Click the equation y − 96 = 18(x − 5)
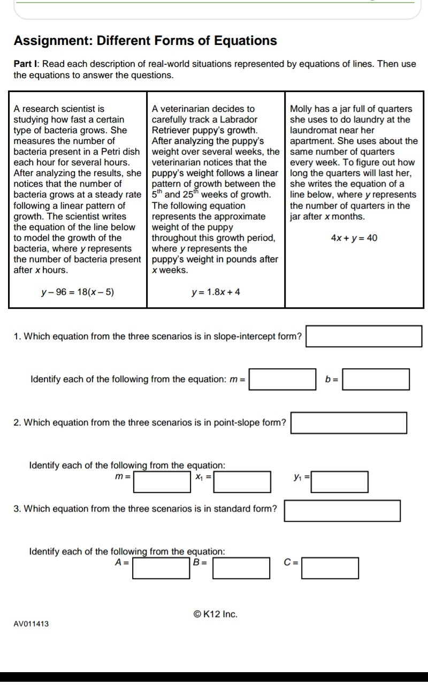(x=78, y=292)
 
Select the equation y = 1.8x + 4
(x=216, y=292)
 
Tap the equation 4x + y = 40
(x=354, y=238)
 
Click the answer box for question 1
(x=364, y=336)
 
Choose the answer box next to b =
(x=376, y=379)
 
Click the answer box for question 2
(x=349, y=423)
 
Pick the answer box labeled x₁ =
(x=242, y=481)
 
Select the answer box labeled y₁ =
(x=340, y=481)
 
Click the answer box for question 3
(x=342, y=511)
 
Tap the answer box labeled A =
(x=162, y=568)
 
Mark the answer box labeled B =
(x=242, y=568)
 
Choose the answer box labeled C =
(x=330, y=568)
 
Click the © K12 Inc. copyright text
(x=215, y=614)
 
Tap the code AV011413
(x=31, y=624)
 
